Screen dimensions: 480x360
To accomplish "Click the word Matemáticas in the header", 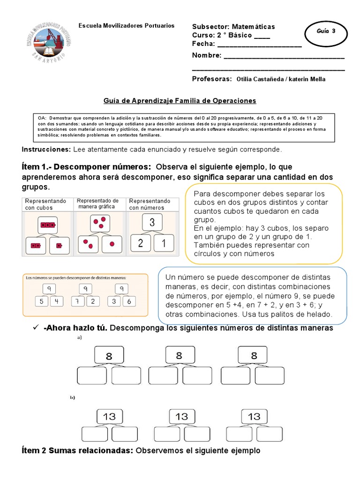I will click(252, 27).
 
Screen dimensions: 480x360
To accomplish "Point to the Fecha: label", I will click(203, 44).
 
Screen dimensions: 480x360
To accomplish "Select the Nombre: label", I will click(207, 55).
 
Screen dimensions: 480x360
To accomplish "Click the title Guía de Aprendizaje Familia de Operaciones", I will click(180, 100).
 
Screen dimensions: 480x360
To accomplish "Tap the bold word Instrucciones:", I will click(46, 149).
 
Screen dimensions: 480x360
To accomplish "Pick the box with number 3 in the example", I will click(151, 222).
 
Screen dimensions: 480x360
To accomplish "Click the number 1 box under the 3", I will click(163, 243).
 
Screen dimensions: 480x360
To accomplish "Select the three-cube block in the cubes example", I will click(47, 225).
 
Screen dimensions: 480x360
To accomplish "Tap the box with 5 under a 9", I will click(41, 301).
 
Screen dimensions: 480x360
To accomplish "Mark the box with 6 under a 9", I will click(129, 301).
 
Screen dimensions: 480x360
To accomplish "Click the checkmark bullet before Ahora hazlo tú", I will click(35, 328).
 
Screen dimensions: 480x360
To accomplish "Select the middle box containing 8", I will click(179, 355).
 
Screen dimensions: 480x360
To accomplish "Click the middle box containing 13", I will click(181, 416).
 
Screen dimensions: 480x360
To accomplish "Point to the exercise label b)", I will click(73, 397).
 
